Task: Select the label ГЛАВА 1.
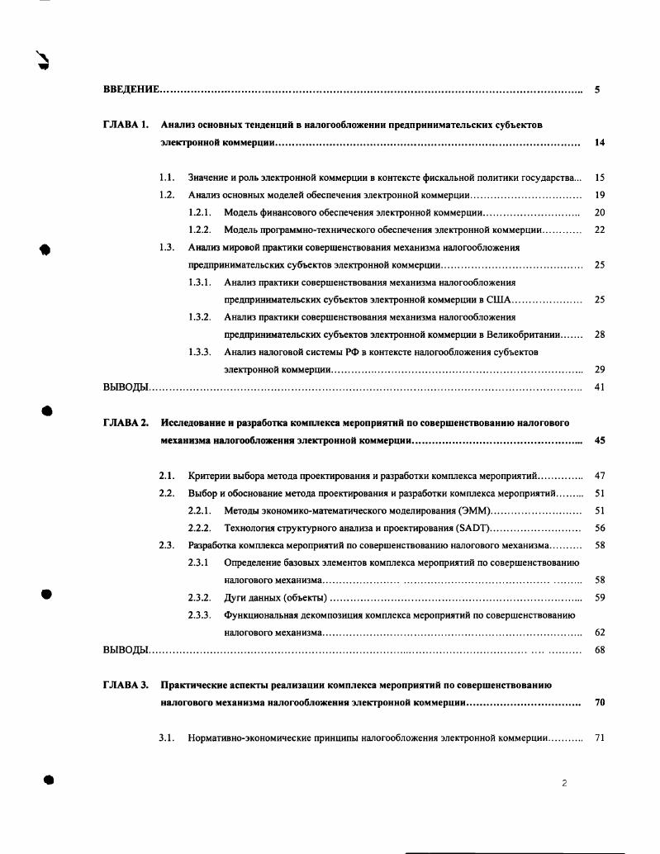click(126, 125)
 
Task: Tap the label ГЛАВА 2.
click(126, 423)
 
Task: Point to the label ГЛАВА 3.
click(126, 685)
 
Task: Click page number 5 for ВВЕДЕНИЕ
click(597, 88)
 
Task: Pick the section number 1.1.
click(167, 178)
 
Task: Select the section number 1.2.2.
click(200, 230)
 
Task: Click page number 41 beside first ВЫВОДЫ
click(600, 387)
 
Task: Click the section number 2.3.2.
click(200, 597)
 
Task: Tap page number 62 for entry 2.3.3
click(600, 633)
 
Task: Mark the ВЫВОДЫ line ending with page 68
click(126, 650)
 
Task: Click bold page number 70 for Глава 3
click(600, 703)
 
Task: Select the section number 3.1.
click(167, 738)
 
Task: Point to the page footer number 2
click(563, 784)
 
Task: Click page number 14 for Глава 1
click(600, 143)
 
